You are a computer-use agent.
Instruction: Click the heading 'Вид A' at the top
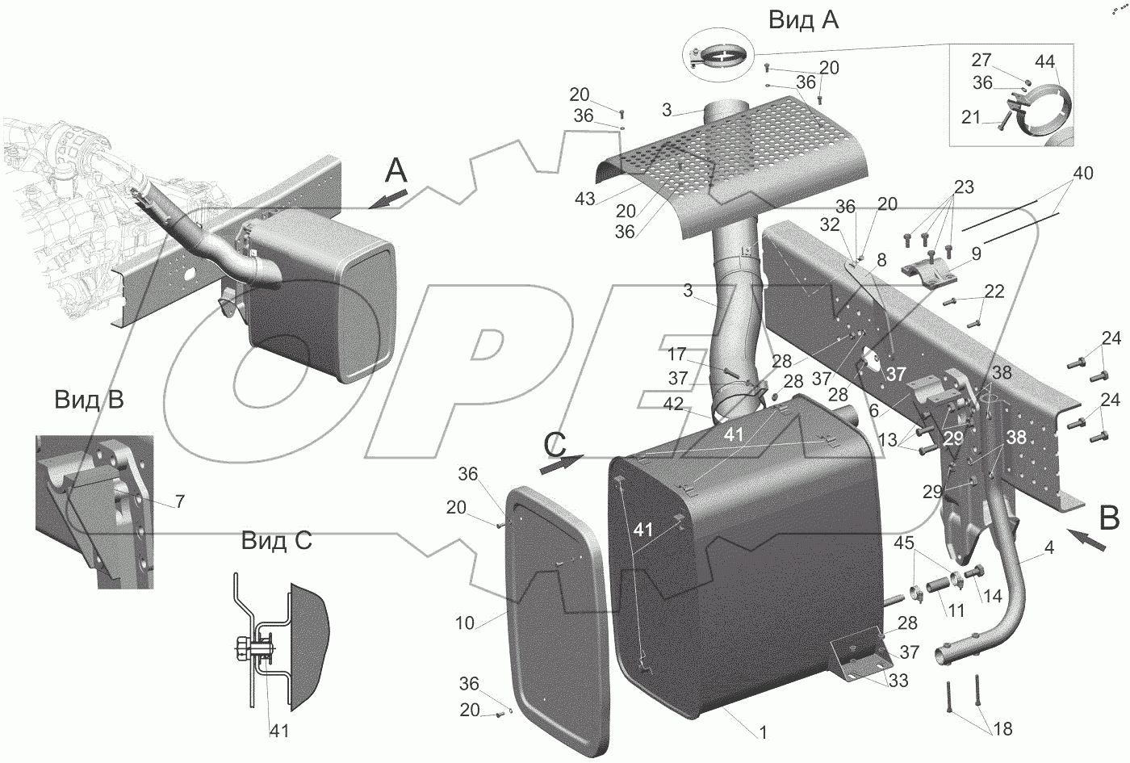[802, 19]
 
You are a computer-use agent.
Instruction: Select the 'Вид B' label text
[89, 399]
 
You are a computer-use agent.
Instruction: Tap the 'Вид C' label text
[275, 541]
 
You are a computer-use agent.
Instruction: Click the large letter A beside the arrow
[396, 171]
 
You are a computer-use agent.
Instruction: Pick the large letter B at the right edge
[1109, 518]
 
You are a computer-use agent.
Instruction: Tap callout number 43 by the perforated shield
[586, 199]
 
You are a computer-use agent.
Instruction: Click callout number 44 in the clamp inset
[1044, 61]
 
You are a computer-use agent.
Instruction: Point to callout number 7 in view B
[179, 501]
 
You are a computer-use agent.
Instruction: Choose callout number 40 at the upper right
[1083, 174]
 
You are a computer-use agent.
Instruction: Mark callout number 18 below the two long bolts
[1002, 729]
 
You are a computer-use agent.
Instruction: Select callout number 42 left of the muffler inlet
[673, 403]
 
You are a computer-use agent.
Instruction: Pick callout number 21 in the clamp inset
[970, 118]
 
